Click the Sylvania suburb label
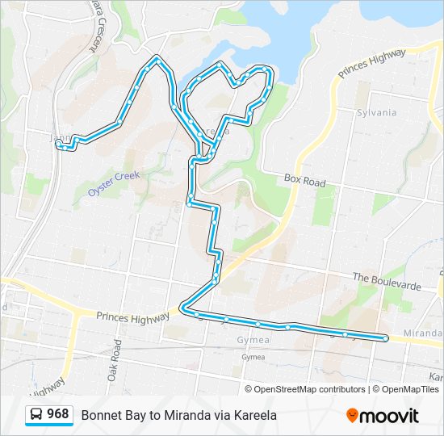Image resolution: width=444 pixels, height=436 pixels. click(377, 112)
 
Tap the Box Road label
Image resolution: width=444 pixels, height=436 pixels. click(304, 180)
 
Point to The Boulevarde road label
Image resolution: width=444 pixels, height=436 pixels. click(387, 281)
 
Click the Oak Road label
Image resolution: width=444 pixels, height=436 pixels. click(115, 360)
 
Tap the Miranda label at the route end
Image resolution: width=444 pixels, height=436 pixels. click(423, 333)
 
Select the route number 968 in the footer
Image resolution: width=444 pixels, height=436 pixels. click(57, 414)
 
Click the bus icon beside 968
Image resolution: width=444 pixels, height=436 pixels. click(36, 415)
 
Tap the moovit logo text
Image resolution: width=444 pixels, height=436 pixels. click(389, 416)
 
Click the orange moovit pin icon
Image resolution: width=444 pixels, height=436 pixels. click(352, 415)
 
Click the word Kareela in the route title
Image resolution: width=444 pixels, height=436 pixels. click(255, 415)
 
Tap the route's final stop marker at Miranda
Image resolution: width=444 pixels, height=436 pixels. click(386, 338)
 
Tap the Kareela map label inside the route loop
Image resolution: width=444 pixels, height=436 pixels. click(207, 132)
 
